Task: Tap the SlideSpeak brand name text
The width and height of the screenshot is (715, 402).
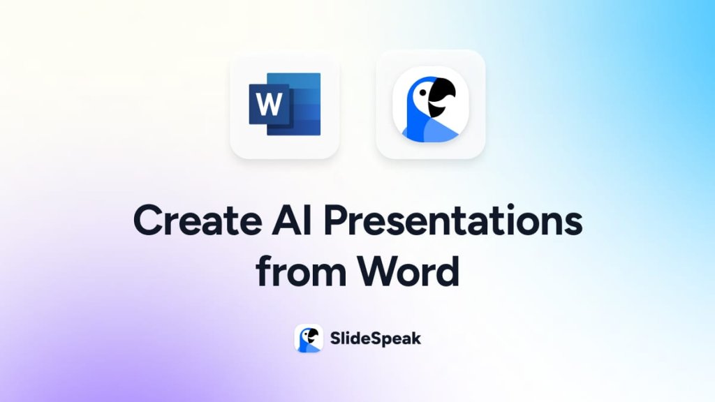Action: pos(374,339)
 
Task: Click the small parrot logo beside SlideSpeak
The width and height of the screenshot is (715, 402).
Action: pos(308,338)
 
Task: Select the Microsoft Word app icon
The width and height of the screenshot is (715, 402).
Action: pos(285,104)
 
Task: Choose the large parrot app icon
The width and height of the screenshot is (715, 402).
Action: pos(430,104)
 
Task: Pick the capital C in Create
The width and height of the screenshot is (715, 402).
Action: pos(148,221)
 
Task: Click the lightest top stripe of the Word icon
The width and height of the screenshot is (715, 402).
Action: pos(304,80)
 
